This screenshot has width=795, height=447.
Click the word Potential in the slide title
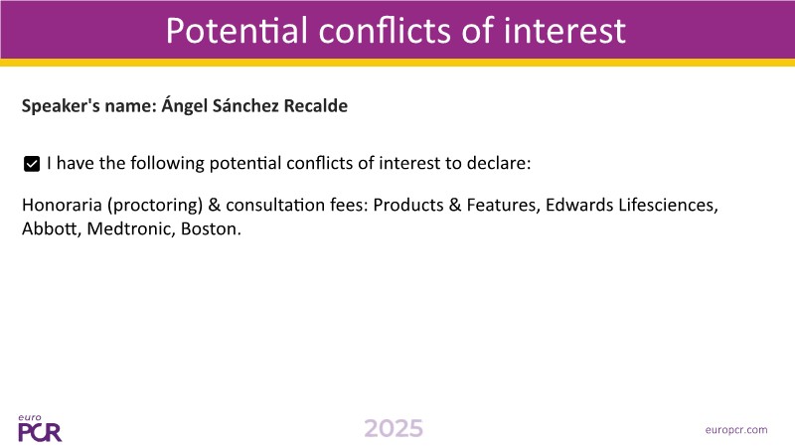tap(237, 31)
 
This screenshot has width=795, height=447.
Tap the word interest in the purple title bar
tap(564, 31)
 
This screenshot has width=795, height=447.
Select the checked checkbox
tap(32, 164)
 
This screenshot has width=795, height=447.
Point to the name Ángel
tap(185, 106)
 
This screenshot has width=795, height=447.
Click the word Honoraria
tap(62, 205)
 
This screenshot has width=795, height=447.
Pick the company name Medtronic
tap(131, 228)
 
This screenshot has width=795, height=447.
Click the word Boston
tap(211, 228)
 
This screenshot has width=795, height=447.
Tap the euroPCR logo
tap(40, 428)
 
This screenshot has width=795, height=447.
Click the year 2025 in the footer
tap(394, 428)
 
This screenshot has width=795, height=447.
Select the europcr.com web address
tap(736, 430)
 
